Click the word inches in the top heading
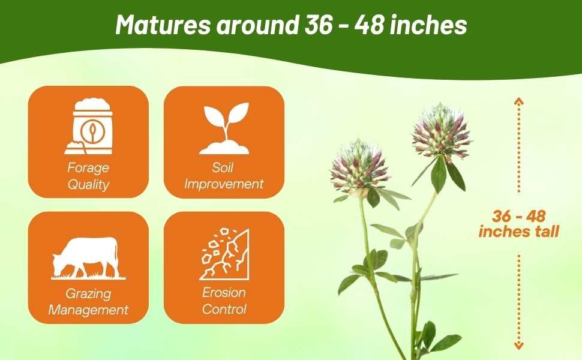pyautogui.click(x=432, y=25)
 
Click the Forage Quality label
pyautogui.click(x=88, y=176)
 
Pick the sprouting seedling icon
pyautogui.click(x=224, y=128)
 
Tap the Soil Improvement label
pyautogui.click(x=224, y=176)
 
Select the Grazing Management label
pyautogui.click(x=88, y=302)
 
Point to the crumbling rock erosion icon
pyautogui.click(x=224, y=253)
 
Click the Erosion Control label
pyautogui.click(x=224, y=301)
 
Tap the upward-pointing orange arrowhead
pyautogui.click(x=518, y=101)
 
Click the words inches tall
pyautogui.click(x=518, y=231)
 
